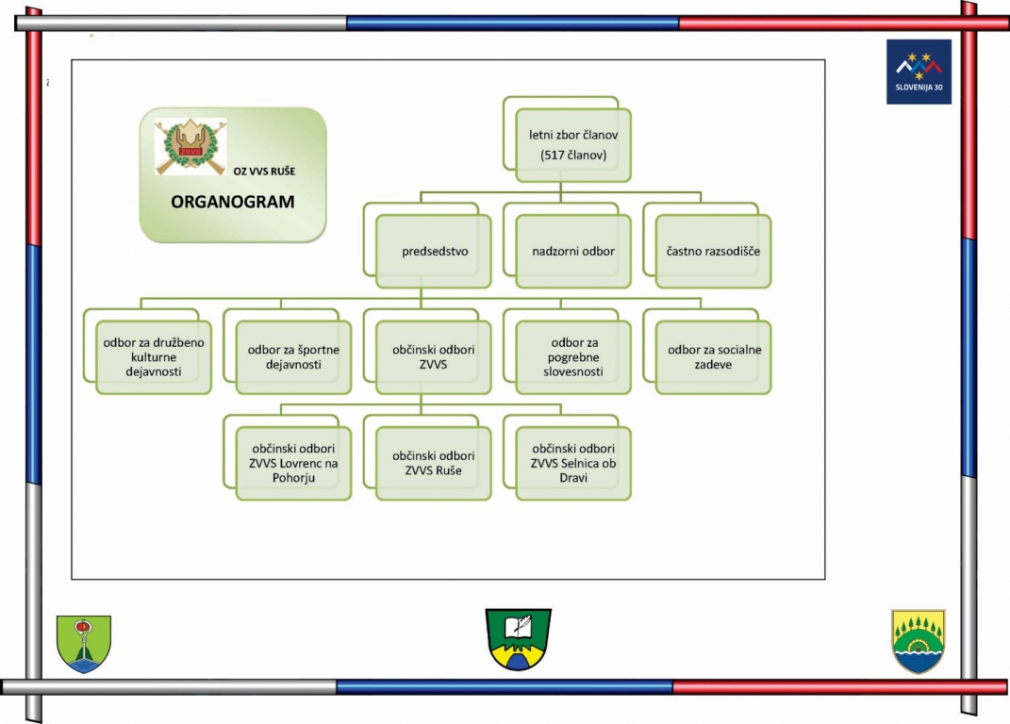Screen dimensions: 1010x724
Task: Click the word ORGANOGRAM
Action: [233, 202]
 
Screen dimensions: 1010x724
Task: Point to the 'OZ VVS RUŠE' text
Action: [264, 172]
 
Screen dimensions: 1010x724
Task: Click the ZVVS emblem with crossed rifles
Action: [190, 147]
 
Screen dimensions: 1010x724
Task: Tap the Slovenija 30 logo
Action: [919, 72]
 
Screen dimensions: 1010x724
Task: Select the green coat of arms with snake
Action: [84, 644]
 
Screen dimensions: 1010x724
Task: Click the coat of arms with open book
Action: [519, 639]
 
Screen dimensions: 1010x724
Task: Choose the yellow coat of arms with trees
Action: [918, 642]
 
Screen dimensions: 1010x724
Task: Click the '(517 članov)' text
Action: [573, 156]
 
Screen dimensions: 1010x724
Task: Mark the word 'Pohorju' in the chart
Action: [293, 478]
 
